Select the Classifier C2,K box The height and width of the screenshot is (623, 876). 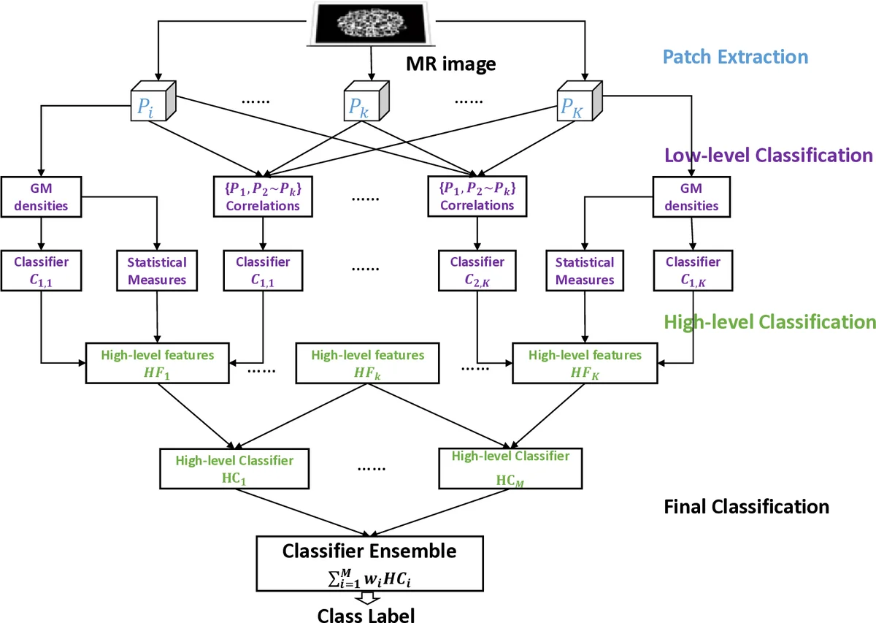point(477,270)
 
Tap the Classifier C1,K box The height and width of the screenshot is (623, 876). point(693,270)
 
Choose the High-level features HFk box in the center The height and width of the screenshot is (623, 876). point(367,363)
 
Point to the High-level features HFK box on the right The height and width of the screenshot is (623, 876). point(585,363)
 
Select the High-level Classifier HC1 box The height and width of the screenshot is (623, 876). point(234,468)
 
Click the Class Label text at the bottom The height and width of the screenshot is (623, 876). point(366,614)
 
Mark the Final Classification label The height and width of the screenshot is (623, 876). point(746,506)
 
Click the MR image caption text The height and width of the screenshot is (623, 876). point(450,64)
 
